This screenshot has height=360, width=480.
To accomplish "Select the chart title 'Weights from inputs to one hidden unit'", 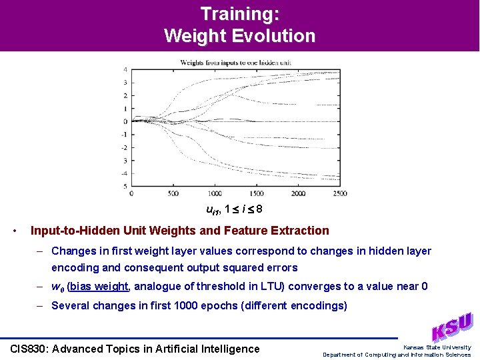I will point(235,63).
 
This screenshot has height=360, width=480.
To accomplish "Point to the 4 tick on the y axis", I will point(125,70).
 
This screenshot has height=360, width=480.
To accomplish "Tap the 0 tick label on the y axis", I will point(125,121).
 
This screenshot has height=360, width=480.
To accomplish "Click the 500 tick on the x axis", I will point(173,193).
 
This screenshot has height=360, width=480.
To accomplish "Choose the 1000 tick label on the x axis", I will point(214,193).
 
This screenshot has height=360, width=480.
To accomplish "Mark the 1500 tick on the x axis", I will point(256,193).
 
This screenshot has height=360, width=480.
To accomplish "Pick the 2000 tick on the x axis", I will point(297,193).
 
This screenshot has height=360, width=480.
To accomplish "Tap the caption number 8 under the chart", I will point(259,209).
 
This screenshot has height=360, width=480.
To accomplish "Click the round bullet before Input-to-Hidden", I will point(15,231).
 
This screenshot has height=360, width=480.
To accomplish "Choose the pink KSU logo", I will point(452,327).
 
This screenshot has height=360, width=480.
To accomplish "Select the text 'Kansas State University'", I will point(437,347).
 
